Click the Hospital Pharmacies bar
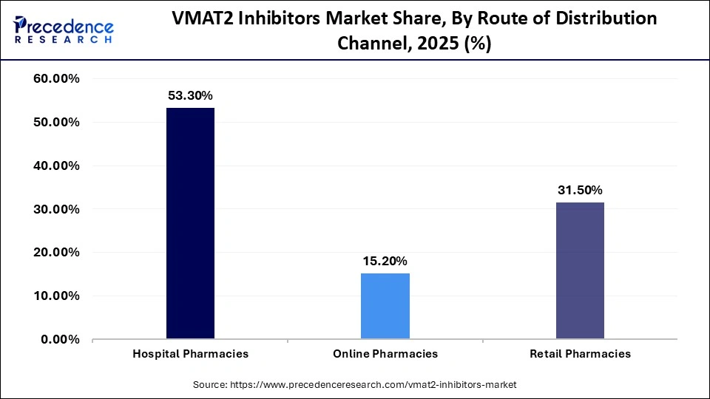click(190, 223)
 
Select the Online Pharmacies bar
click(385, 306)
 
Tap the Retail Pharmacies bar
click(580, 270)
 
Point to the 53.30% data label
click(190, 95)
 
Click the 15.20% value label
click(385, 261)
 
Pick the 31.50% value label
click(580, 190)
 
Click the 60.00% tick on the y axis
click(57, 79)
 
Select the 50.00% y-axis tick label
click(57, 123)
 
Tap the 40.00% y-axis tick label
click(57, 166)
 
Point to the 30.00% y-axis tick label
click(57, 209)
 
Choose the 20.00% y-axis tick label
click(57, 253)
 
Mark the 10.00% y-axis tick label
click(57, 296)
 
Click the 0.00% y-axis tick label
click(61, 340)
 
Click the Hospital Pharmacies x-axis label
click(190, 354)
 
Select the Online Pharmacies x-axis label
click(385, 354)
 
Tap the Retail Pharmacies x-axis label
click(580, 354)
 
